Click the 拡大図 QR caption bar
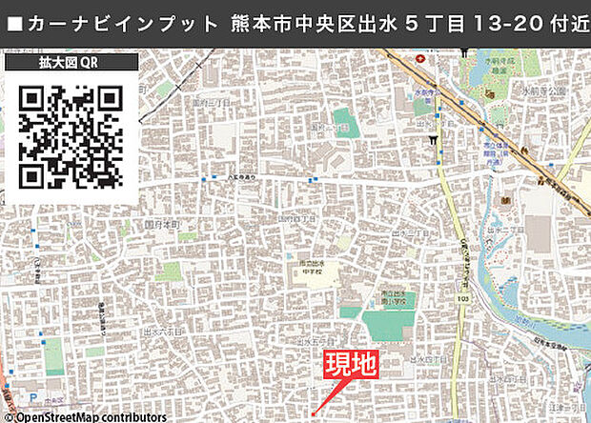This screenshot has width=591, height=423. coord(71,64)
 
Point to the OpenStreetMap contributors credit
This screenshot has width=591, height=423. coord(83,416)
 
